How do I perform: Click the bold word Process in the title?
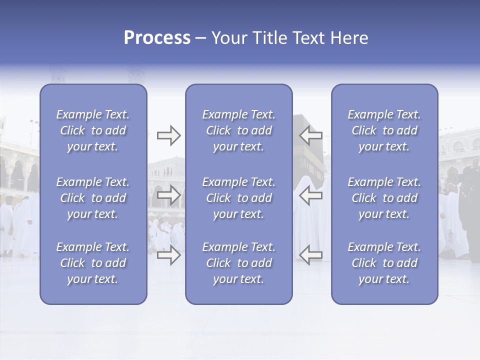click(157, 38)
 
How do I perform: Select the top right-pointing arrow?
click(168, 135)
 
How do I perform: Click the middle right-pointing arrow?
click(168, 195)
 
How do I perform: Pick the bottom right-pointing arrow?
click(168, 255)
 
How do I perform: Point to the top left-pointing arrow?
click(311, 135)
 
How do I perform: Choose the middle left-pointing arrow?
click(311, 195)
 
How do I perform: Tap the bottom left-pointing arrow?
click(311, 255)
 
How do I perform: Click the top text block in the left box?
click(93, 130)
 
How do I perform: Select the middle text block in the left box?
click(93, 198)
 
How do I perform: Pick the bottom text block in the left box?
click(93, 263)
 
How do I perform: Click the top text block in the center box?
click(239, 130)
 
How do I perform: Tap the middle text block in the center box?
click(239, 198)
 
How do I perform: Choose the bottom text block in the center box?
click(239, 263)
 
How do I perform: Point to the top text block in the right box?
click(384, 130)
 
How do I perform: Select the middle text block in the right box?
click(384, 198)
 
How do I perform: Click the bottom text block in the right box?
click(384, 263)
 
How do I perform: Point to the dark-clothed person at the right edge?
click(471, 200)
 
